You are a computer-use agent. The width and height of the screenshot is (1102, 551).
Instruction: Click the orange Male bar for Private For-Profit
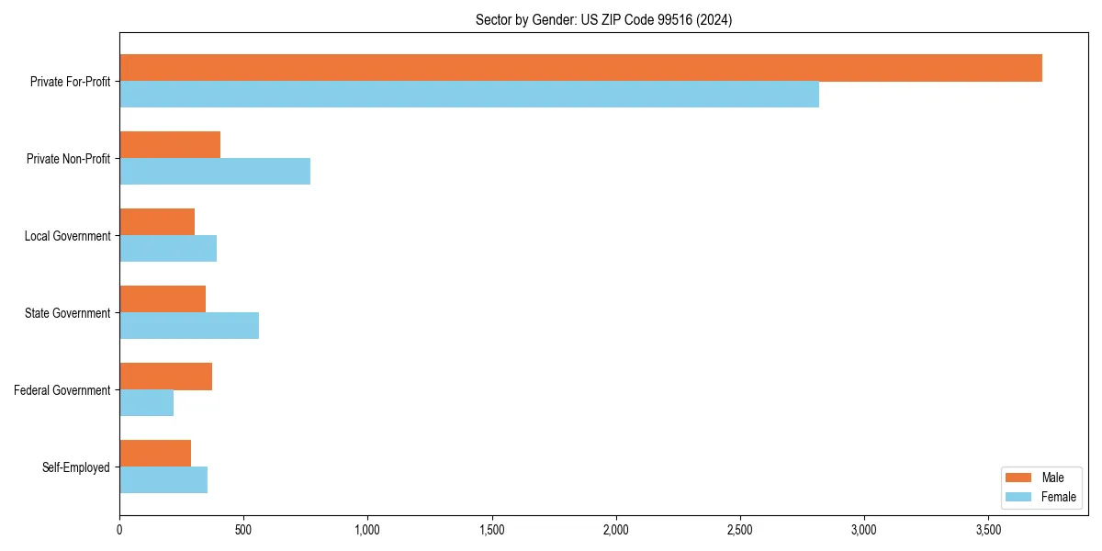pyautogui.click(x=580, y=68)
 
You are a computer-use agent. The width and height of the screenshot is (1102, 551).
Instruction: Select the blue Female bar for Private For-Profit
pyautogui.click(x=468, y=95)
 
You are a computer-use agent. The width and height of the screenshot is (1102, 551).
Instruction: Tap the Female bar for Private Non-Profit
pyautogui.click(x=215, y=172)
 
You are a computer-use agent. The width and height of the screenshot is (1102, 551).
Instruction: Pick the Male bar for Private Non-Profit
pyautogui.click(x=170, y=145)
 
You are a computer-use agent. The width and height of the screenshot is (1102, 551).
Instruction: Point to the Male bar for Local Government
pyautogui.click(x=157, y=222)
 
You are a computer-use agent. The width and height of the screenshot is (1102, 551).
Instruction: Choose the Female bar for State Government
pyautogui.click(x=189, y=326)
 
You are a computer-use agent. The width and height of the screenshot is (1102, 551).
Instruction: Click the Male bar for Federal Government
pyautogui.click(x=165, y=377)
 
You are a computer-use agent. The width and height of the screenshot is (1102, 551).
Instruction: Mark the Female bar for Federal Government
pyautogui.click(x=146, y=403)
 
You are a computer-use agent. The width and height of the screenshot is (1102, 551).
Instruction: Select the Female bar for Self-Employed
pyautogui.click(x=163, y=480)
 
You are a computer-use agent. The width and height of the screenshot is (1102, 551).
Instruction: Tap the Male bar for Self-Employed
pyautogui.click(x=155, y=454)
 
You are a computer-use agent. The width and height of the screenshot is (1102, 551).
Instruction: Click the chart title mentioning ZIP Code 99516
pyautogui.click(x=603, y=19)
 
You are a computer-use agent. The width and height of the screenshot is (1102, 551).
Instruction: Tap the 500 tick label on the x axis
pyautogui.click(x=243, y=530)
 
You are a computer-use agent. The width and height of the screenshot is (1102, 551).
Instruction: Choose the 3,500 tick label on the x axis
pyautogui.click(x=988, y=530)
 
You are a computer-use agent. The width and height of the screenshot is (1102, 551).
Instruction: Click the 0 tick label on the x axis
pyautogui.click(x=119, y=530)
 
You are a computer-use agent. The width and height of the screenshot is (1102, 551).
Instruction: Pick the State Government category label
pyautogui.click(x=67, y=313)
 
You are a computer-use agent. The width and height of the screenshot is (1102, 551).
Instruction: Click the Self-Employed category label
pyautogui.click(x=75, y=467)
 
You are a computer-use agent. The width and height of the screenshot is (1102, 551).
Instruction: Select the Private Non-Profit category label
pyautogui.click(x=68, y=159)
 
